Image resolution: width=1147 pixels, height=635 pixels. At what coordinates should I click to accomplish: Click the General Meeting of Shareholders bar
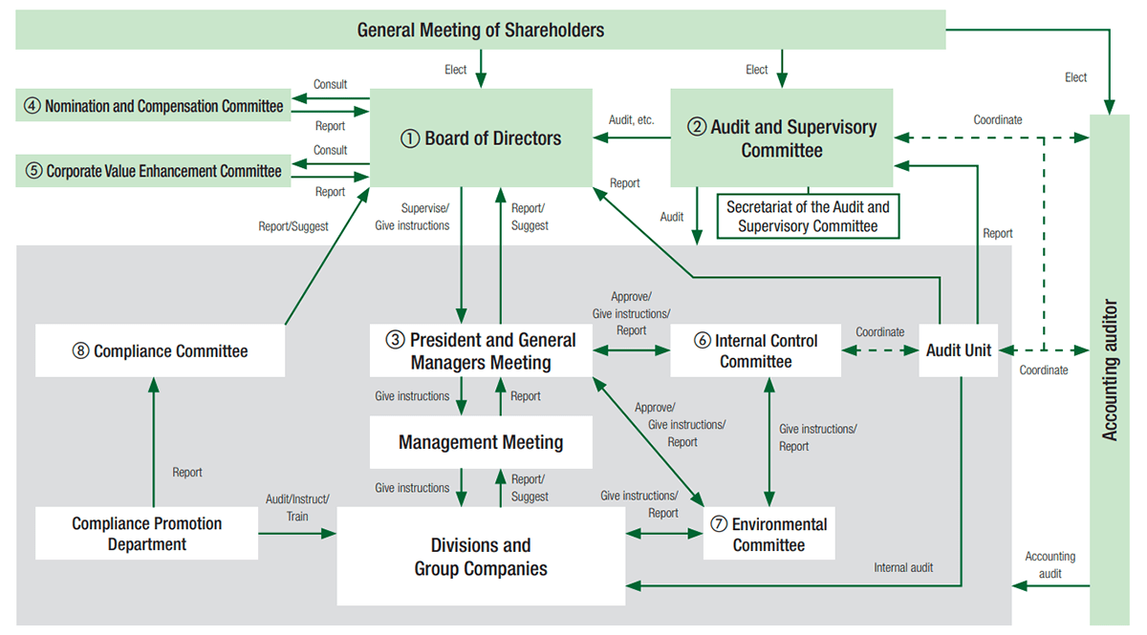480,30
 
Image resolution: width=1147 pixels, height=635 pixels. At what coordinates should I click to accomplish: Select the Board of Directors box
480,138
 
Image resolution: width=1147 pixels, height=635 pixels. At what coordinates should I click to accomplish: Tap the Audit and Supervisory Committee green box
781,138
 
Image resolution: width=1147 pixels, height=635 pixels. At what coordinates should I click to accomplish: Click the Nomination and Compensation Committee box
153,106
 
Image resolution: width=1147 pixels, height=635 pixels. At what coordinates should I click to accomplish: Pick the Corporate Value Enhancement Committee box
153,171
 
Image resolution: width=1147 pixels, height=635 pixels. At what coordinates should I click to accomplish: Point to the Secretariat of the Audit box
808,217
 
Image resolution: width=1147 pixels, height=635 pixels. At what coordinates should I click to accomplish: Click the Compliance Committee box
161,351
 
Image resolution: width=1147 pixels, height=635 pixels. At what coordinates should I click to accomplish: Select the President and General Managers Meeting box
481,351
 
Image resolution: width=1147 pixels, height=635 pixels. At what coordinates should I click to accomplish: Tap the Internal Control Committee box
755,351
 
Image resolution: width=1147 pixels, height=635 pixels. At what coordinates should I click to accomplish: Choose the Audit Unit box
958,350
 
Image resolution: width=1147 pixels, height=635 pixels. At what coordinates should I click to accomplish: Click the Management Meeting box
481,442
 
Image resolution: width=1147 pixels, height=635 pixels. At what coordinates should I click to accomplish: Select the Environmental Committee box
768,535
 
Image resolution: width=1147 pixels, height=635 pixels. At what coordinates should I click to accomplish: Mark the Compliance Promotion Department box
146,534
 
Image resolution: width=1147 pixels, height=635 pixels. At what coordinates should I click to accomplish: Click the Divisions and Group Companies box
481,557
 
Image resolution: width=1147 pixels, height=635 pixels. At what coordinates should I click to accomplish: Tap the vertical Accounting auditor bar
1109,370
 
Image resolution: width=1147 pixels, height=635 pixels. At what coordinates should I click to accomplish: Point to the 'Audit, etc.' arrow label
631,120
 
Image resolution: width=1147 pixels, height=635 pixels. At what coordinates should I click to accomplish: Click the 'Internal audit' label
903,567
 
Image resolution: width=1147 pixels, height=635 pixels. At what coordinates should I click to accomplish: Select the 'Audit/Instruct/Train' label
297,507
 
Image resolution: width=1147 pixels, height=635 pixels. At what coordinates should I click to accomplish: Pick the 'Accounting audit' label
1050,564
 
